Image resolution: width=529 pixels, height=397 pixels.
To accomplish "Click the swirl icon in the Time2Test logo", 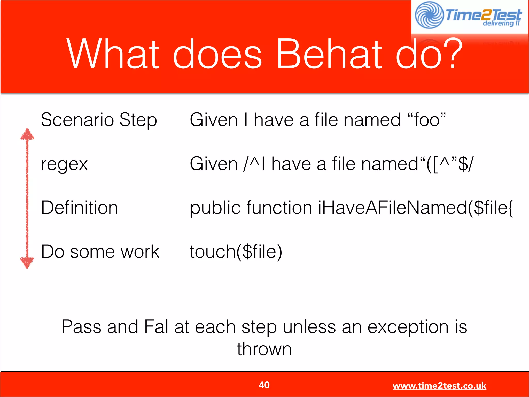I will [429, 15].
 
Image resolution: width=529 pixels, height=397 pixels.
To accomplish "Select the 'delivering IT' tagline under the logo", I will [501, 24].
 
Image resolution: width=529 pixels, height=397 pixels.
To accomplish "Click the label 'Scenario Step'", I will [99, 120].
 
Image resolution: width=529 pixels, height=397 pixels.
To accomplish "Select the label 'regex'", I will [64, 164].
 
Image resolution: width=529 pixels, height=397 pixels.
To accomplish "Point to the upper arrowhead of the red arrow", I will [27, 134].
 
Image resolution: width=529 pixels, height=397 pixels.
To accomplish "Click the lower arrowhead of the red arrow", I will [27, 263].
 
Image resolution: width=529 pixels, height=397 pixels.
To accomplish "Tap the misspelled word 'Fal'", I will [156, 327].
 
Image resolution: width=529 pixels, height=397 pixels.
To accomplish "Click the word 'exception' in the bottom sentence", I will [408, 327].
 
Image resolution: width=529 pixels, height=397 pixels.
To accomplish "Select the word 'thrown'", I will [264, 349].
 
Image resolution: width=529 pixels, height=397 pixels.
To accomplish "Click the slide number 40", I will [264, 385].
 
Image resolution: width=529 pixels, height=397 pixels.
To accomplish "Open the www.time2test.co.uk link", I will [439, 386].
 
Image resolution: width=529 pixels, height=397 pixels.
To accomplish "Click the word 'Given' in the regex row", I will [214, 164].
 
